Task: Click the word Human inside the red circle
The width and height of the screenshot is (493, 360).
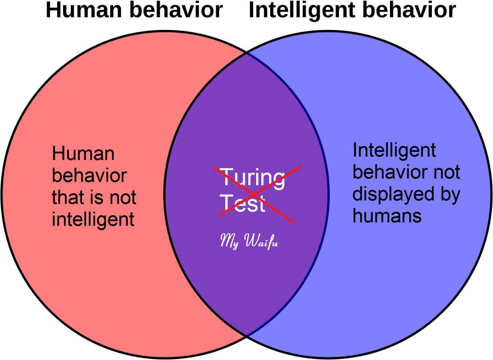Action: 83,154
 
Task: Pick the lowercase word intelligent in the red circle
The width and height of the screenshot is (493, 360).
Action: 93,219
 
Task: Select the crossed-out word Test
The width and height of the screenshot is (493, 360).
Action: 243,203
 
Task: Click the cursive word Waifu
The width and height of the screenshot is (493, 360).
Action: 261,241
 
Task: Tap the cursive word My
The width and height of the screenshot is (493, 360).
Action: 230,241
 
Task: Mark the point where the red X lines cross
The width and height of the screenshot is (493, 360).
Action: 254,193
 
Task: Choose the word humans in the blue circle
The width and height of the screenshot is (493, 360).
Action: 387,216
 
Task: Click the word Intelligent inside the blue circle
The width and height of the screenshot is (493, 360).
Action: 394,151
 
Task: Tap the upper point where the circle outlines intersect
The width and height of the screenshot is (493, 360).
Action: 247,53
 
